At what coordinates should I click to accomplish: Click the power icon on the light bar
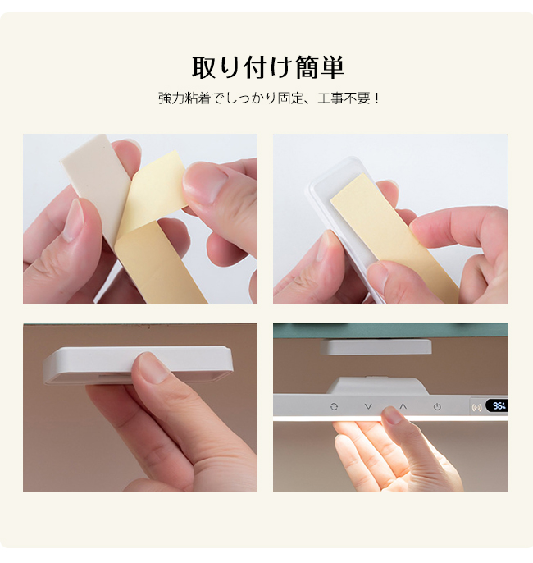437,407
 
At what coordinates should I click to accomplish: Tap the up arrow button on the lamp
403,406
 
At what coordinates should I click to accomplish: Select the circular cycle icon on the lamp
334,406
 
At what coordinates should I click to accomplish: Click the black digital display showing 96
497,406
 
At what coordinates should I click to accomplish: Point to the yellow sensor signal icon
476,408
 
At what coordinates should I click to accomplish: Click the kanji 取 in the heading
205,67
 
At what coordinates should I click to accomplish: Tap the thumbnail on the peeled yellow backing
202,180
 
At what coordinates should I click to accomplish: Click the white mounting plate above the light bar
376,347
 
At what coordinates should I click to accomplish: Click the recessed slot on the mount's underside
114,376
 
